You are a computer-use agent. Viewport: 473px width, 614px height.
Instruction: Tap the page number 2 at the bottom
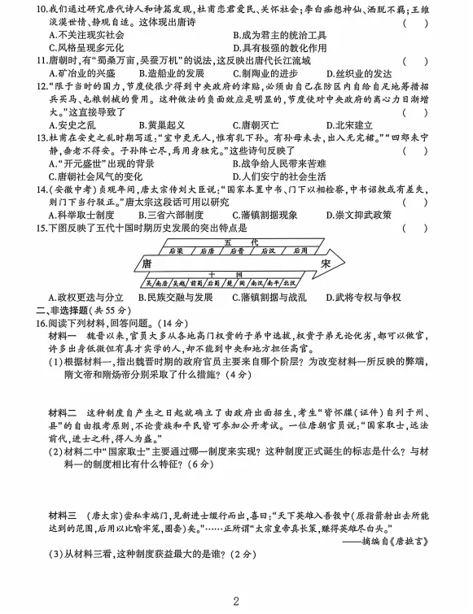[236, 602]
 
